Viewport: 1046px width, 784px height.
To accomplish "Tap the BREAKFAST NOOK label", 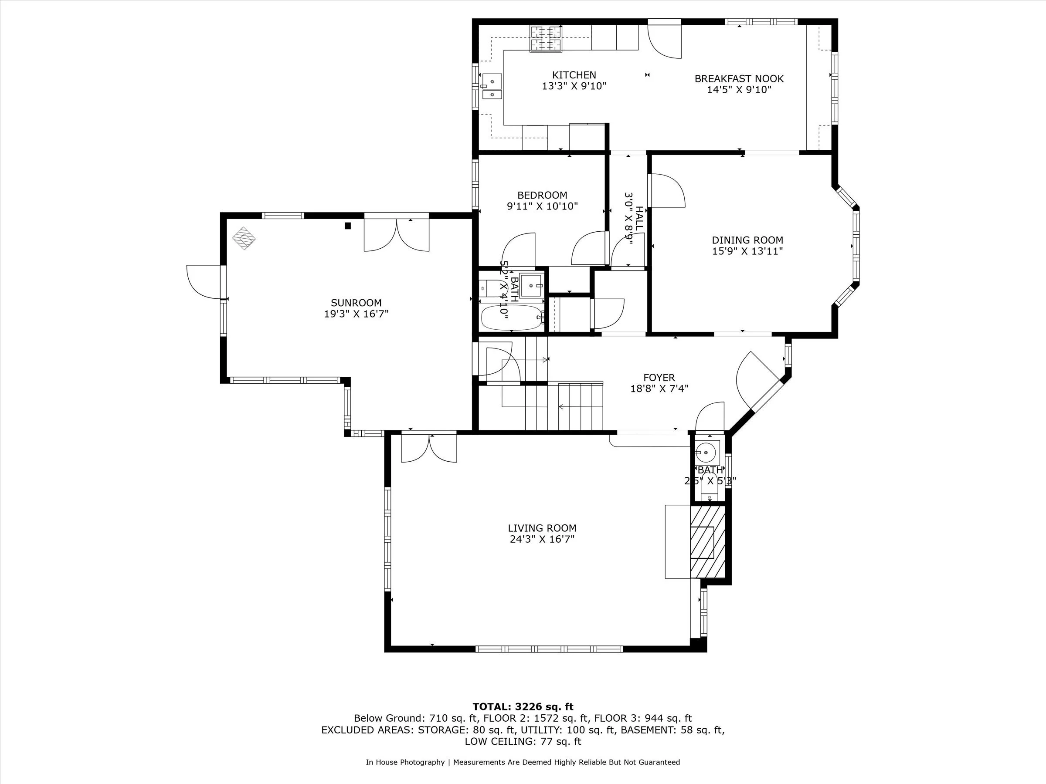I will tap(739, 79).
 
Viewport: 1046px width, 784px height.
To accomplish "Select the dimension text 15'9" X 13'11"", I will tap(747, 251).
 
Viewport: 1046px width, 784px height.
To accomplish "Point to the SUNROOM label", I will tap(356, 303).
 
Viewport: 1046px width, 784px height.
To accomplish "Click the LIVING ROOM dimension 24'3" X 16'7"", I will tap(542, 539).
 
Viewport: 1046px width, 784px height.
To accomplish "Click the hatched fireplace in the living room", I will tap(707, 541).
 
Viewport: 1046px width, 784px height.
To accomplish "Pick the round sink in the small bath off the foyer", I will tap(706, 453).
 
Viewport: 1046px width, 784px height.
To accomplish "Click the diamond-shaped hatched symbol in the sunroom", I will tap(244, 238).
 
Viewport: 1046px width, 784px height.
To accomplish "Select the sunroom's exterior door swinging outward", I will tap(204, 282).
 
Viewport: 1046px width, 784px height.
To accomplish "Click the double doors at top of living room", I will tap(429, 448).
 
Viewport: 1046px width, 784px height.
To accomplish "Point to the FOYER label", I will tap(659, 378).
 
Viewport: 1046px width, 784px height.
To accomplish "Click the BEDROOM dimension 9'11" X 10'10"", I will tap(542, 206).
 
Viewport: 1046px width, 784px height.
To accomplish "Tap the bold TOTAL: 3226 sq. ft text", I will tap(523, 707).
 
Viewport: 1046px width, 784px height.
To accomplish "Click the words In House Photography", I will tap(405, 762).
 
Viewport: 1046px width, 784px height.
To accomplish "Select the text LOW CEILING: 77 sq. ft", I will tap(523, 741).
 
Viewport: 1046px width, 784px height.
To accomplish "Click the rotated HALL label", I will tap(639, 218).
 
